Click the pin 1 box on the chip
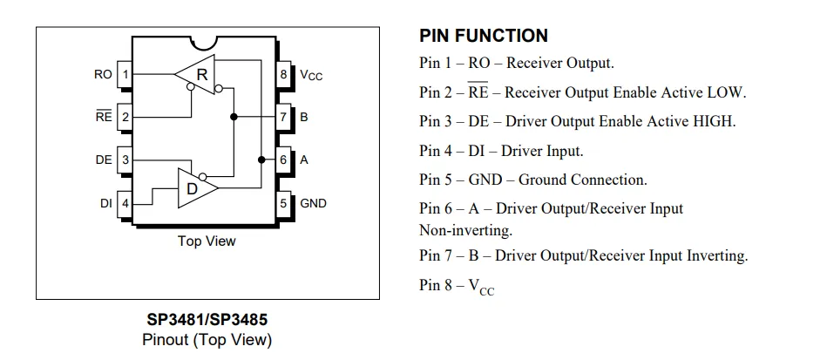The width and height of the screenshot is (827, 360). tap(125, 75)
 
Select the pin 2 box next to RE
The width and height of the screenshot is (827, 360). tap(125, 117)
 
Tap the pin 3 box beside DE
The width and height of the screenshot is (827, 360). tap(125, 160)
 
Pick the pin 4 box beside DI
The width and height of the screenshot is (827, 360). tap(125, 203)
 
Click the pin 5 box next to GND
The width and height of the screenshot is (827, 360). tap(283, 203)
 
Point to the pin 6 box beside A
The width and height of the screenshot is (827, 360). tap(283, 160)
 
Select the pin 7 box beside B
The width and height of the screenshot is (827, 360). tap(283, 117)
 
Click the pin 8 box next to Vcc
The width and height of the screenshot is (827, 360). tap(283, 75)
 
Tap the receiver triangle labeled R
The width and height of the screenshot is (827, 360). tap(197, 75)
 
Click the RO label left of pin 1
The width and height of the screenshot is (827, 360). tap(103, 75)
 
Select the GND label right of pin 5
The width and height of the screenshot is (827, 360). tap(314, 203)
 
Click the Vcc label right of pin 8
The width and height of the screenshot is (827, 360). tap(311, 76)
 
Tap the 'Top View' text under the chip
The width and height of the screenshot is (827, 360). tap(207, 241)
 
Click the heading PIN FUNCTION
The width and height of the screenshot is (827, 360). tap(484, 36)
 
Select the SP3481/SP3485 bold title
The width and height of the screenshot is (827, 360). tap(207, 320)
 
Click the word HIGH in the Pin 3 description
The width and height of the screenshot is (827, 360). tap(714, 121)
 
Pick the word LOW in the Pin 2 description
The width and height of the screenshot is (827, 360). tap(727, 92)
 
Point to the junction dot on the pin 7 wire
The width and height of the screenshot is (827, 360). tap(233, 117)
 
